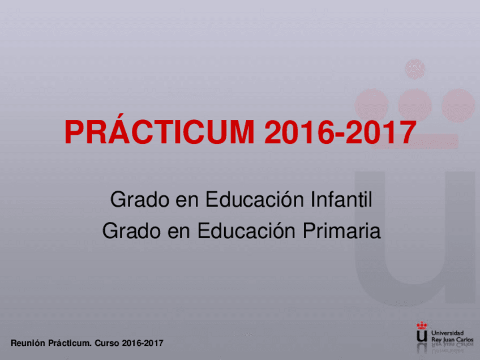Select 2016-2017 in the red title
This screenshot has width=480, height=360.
coord(340,133)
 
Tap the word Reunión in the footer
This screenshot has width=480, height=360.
coord(28,343)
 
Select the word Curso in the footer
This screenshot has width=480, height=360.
coord(106,343)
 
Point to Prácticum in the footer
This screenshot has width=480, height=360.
coord(70,343)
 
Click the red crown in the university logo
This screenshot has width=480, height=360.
coord(422,325)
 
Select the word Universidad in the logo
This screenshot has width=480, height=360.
coord(447,332)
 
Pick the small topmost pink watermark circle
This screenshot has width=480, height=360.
coord(415,68)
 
